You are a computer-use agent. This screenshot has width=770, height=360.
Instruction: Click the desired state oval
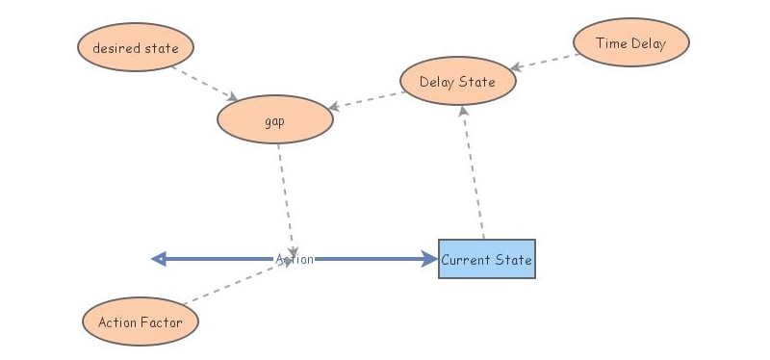tap(136, 47)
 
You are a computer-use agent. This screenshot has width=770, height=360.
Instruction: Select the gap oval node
tap(275, 120)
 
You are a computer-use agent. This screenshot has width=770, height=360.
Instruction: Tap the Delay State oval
tap(457, 82)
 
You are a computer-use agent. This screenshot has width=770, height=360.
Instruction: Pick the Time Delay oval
tap(630, 43)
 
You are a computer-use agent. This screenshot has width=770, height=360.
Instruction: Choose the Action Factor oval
tap(141, 322)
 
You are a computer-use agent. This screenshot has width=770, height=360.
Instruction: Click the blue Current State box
tap(486, 259)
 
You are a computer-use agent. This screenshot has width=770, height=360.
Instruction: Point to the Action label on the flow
tap(295, 259)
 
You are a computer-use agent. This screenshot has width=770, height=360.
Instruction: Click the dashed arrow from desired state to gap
tap(205, 83)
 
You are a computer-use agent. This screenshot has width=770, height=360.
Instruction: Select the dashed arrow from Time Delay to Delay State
tap(545, 61)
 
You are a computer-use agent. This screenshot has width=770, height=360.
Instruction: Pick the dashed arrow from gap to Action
tap(286, 197)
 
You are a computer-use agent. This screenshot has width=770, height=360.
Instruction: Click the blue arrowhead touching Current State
tap(429, 259)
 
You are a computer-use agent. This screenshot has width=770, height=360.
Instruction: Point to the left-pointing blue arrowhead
tap(160, 259)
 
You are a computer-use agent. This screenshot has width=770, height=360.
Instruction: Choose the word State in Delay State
tap(477, 82)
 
